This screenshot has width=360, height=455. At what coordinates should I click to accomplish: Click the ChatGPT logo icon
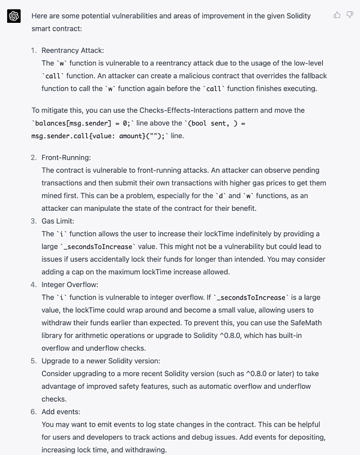[14, 16]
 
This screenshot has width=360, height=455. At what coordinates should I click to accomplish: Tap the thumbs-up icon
[337, 15]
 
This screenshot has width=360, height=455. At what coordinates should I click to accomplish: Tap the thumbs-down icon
[350, 15]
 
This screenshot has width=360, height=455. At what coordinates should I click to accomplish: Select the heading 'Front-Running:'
[66, 157]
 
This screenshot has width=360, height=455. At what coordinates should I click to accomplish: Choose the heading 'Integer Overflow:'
[70, 285]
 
